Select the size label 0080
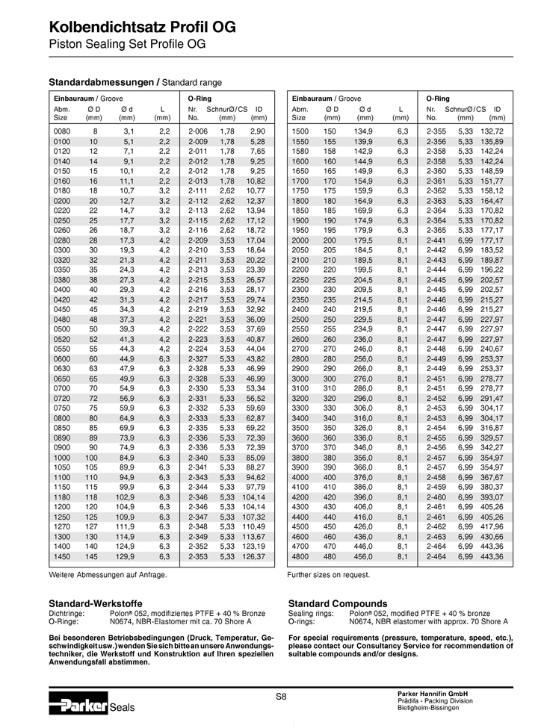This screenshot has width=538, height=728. pyautogui.click(x=62, y=131)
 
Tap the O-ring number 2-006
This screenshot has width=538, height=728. pyautogui.click(x=197, y=131)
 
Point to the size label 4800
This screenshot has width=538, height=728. pyautogui.click(x=300, y=556)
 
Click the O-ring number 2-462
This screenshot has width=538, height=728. pyautogui.click(x=436, y=526)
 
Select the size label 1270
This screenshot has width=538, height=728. pyautogui.click(x=62, y=526)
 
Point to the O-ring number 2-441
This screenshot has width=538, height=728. pyautogui.click(x=436, y=241)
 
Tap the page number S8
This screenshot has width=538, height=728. pyautogui.click(x=280, y=697)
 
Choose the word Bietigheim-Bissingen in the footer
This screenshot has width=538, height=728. pyautogui.click(x=432, y=707)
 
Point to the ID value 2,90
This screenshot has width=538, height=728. pyautogui.click(x=258, y=131)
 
